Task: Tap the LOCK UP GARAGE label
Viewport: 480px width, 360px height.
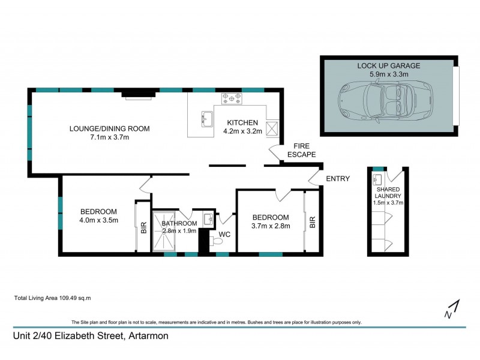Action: (x=388, y=65)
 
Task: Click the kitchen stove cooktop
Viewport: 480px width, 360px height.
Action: (x=232, y=98)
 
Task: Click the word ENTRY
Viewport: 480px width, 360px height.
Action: (x=337, y=178)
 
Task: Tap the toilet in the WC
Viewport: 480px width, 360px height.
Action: (x=217, y=242)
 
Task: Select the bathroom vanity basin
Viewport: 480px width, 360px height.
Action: (x=208, y=218)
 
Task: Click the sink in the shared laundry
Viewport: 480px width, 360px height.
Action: (x=377, y=179)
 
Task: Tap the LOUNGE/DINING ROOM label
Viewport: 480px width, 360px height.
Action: (x=109, y=128)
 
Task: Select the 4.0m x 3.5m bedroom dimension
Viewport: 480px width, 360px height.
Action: (x=99, y=220)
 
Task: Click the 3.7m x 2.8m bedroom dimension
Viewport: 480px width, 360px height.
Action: (x=271, y=226)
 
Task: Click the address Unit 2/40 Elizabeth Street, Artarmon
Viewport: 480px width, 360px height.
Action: (x=91, y=336)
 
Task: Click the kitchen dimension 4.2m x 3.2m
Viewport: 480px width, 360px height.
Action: (x=242, y=131)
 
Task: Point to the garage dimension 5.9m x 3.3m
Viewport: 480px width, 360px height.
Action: (x=388, y=74)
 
